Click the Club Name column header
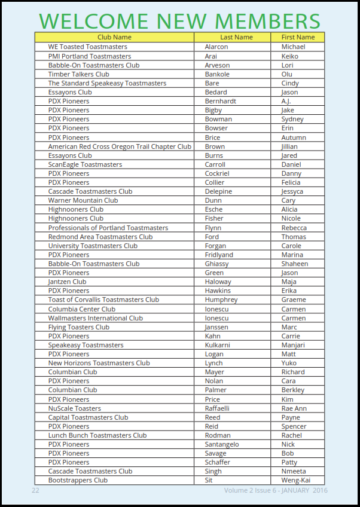[x=114, y=37]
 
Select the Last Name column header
[x=236, y=37]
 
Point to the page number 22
[x=35, y=490]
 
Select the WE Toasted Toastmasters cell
[x=87, y=47]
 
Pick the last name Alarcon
[x=216, y=47]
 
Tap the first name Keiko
[x=290, y=56]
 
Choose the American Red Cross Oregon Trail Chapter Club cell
[x=120, y=146]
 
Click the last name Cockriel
[x=217, y=173]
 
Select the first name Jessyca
[x=292, y=191]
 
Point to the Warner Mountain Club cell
[x=83, y=200]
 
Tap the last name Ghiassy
[x=216, y=264]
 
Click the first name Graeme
[x=294, y=300]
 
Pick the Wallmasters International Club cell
[x=96, y=318]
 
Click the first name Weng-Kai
[x=295, y=480]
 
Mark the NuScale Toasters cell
[x=75, y=408]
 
